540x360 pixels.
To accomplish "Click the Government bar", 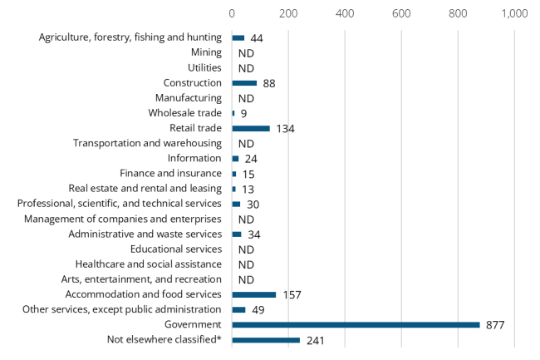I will (356, 324).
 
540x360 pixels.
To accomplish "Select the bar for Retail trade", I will (251, 128).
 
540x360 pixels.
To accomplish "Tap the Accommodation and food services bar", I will (254, 294).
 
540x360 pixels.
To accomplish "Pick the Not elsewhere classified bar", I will (266, 339).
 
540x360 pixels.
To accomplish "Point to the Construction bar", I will (244, 83).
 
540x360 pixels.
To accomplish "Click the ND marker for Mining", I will (246, 53).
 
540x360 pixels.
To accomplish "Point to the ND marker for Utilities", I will (246, 68).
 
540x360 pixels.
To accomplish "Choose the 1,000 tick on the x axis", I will (514, 14).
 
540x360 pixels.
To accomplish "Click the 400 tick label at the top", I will (345, 14).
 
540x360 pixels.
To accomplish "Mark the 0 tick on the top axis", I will (232, 14).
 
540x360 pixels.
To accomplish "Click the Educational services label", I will (176, 249).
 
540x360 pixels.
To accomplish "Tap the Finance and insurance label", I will (170, 174).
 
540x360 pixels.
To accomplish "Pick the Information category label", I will (194, 158).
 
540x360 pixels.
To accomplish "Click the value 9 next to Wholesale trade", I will (243, 113).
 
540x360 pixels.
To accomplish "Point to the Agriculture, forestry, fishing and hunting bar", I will (238, 37).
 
